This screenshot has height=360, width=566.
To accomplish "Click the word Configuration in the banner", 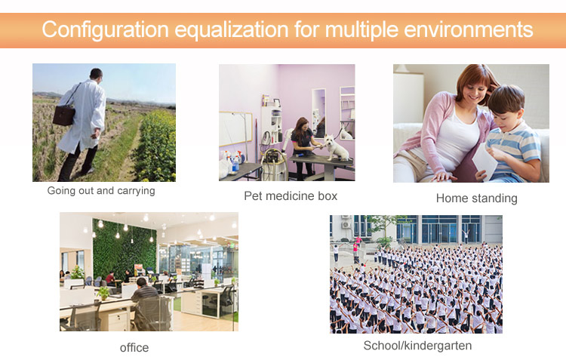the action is (x=106, y=29).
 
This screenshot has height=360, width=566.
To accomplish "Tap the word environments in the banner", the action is (x=469, y=29).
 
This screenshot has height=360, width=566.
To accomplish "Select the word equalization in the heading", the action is (x=232, y=30).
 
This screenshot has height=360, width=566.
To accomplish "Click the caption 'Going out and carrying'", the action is (x=101, y=191).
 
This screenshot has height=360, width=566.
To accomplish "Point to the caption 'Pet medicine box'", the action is (x=291, y=196).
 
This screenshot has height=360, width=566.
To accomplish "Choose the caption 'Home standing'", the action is (x=476, y=198).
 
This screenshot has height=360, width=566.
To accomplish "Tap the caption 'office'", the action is (x=134, y=348).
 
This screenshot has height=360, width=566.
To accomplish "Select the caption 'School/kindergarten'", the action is (x=417, y=346).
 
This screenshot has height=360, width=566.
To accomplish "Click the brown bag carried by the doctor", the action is (x=64, y=115).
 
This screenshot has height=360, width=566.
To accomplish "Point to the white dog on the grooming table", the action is (x=336, y=147).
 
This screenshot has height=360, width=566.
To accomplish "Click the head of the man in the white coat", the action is (x=96, y=74).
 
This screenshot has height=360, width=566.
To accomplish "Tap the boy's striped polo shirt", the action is (x=515, y=148).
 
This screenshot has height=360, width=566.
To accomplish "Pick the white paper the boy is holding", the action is (x=484, y=162).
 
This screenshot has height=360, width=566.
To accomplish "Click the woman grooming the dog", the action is (x=303, y=146).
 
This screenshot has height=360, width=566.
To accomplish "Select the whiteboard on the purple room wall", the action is (x=235, y=129).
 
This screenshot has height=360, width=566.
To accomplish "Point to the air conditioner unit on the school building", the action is (x=346, y=224).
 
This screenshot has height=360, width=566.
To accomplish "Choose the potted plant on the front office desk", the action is (x=103, y=293).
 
